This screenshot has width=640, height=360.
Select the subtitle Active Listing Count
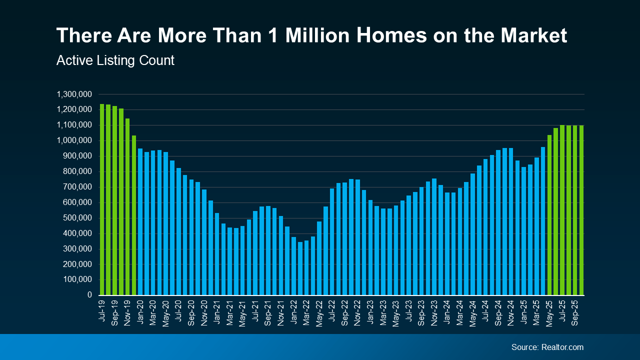tap(115, 60)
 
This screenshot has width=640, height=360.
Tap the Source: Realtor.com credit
tap(547, 347)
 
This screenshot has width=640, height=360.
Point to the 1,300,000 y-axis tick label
tap(74, 94)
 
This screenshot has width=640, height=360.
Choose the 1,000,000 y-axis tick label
tap(74, 140)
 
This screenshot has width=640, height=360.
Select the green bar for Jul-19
tap(102, 200)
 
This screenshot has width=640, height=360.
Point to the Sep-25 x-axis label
tap(575, 313)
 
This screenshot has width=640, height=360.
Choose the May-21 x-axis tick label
tap(242, 313)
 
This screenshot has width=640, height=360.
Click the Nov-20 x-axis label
tap(204, 313)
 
